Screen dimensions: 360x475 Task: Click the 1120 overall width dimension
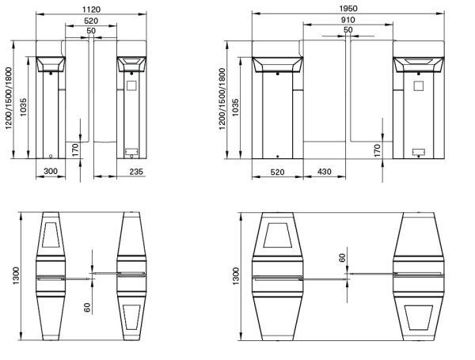(x=90, y=8)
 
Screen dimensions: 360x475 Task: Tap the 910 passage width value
(x=348, y=19)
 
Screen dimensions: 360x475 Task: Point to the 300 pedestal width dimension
(x=51, y=170)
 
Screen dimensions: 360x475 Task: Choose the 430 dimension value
(x=323, y=171)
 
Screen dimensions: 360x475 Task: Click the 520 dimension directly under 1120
(x=90, y=20)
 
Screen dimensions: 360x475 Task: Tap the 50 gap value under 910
(x=348, y=30)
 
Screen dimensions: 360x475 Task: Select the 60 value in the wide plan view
(x=342, y=257)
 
